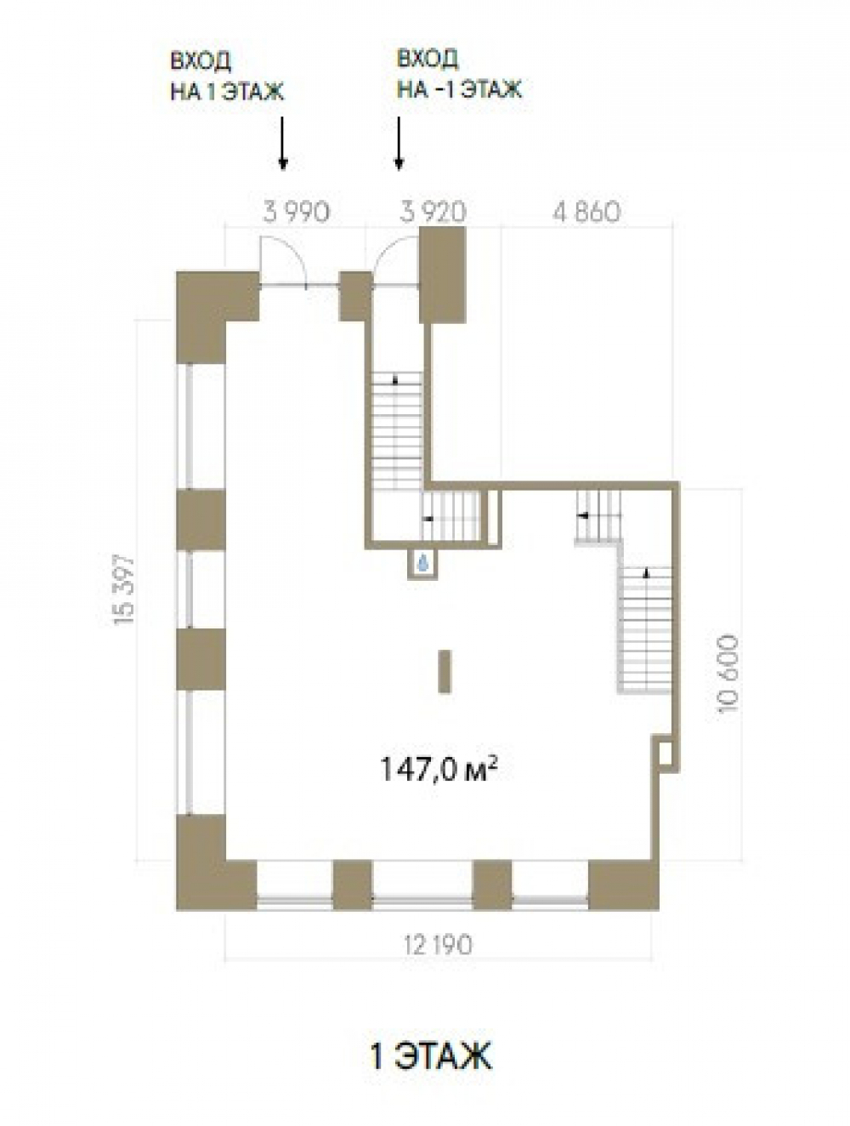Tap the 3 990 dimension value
(x=296, y=211)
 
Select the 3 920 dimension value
(x=433, y=211)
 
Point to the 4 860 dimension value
(x=586, y=211)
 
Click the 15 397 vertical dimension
(x=123, y=589)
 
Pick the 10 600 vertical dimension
(x=728, y=674)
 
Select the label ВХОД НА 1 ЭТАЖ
(x=226, y=77)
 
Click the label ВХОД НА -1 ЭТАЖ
(x=459, y=75)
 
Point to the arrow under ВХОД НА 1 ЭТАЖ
(x=282, y=143)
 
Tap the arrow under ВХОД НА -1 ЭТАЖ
(x=399, y=143)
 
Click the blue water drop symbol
(x=422, y=562)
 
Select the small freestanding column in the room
(x=445, y=672)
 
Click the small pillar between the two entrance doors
(x=355, y=297)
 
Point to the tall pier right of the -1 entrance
(x=442, y=275)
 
